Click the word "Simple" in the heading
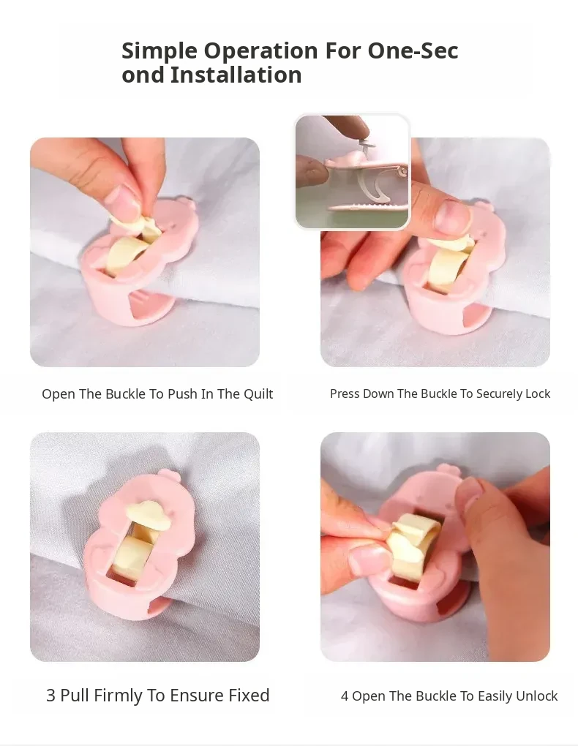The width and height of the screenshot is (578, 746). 159,51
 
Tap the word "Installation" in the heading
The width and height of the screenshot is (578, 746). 236,75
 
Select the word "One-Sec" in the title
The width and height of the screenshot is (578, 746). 413,50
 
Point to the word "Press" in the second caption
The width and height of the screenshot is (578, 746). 344,394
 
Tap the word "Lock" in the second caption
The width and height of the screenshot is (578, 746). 538,394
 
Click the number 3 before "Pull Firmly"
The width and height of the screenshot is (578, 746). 50,696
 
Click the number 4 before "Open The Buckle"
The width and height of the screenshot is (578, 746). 345,696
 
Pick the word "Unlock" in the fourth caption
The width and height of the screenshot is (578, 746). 538,696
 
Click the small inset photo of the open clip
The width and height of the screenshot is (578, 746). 353,172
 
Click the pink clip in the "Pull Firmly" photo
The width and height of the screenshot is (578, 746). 138,546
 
